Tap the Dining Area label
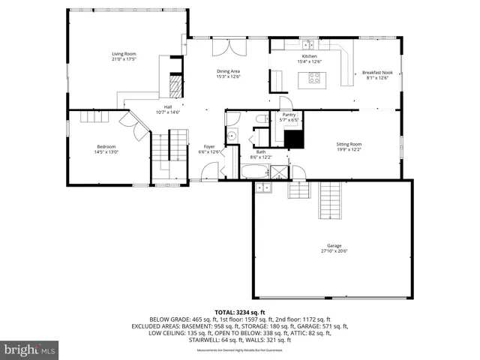click(x=227, y=71)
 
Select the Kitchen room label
click(x=310, y=56)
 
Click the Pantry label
click(x=289, y=115)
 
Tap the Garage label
click(x=334, y=246)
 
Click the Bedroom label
click(x=106, y=147)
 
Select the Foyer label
click(x=209, y=147)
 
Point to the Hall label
click(x=168, y=107)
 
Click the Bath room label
click(x=261, y=151)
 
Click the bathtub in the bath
click(x=253, y=173)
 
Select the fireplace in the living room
click(x=175, y=86)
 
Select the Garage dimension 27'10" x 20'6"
click(x=334, y=251)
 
